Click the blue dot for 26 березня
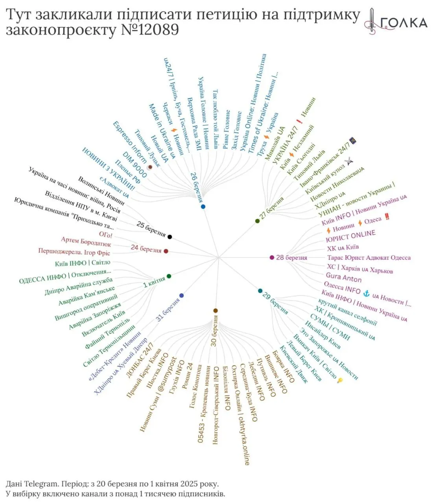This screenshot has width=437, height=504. pos(203,206)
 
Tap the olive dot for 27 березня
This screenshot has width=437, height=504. pos(257,221)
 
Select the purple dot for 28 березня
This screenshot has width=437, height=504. pos(272,258)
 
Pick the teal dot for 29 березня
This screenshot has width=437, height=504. pos(260,291)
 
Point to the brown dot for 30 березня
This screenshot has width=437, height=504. pos(215,311)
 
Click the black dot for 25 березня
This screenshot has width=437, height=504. pos(170,237)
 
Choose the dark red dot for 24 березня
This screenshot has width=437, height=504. pos(166,251)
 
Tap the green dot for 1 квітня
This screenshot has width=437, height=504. pos(169,276)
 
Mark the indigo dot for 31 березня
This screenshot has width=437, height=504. pos(181,295)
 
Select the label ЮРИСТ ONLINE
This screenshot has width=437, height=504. pos(350,236)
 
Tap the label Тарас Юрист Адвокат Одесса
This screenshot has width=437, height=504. pos(369,258)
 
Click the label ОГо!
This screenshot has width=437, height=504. pos(105,235)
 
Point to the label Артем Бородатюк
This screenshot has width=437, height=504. pos(86,242)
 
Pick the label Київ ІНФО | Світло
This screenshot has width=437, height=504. pos(83,263)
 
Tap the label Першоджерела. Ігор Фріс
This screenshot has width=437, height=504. pos(74,252)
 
